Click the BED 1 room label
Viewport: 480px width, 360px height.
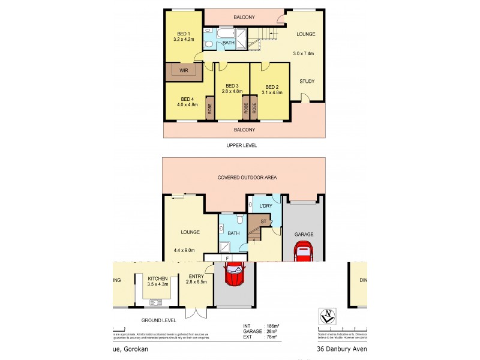pyautogui.click(x=184, y=34)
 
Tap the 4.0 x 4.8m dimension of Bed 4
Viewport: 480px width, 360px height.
pyautogui.click(x=187, y=105)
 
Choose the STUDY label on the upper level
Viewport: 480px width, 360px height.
pyautogui.click(x=307, y=81)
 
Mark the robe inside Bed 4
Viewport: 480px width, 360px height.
pyautogui.click(x=210, y=109)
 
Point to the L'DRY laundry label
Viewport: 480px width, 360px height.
pyautogui.click(x=266, y=206)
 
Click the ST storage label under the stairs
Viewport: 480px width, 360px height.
pyautogui.click(x=263, y=221)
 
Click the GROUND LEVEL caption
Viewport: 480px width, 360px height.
pyautogui.click(x=159, y=320)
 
